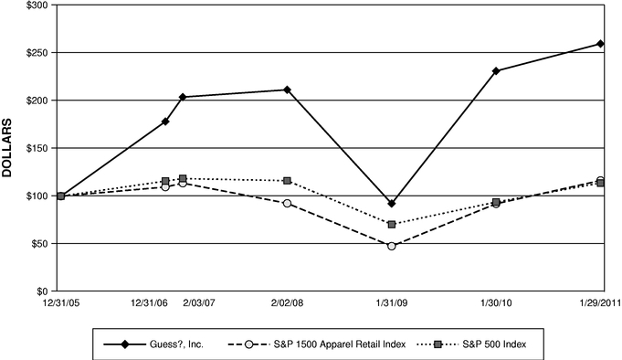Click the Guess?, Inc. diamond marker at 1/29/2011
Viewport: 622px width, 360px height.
(600, 44)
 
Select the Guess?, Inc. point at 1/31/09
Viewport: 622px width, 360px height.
(392, 204)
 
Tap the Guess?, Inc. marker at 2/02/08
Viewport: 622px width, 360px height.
(287, 90)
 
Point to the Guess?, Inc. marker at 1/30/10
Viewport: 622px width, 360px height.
(496, 70)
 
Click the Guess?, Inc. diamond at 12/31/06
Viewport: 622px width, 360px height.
(165, 122)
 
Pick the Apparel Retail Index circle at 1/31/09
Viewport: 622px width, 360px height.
(392, 246)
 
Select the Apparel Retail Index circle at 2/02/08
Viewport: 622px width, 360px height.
(287, 203)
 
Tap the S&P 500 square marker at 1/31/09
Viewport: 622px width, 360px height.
(392, 224)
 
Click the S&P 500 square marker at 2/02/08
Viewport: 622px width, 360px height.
(287, 181)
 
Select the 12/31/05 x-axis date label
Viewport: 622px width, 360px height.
(60, 302)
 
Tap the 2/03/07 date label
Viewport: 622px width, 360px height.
(198, 302)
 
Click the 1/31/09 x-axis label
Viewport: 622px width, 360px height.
(392, 302)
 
